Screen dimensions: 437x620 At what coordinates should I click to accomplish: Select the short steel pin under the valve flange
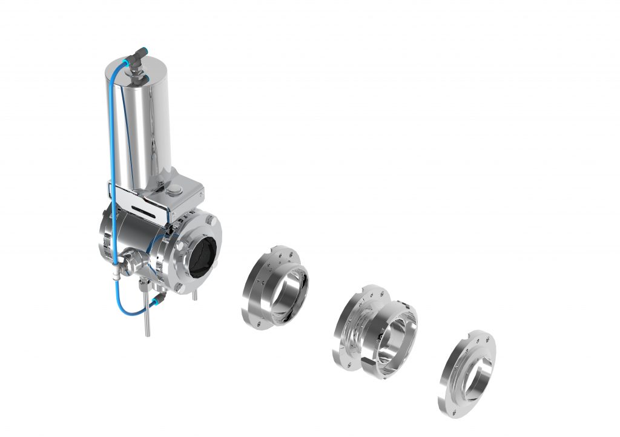pyautogui.click(x=194, y=295)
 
